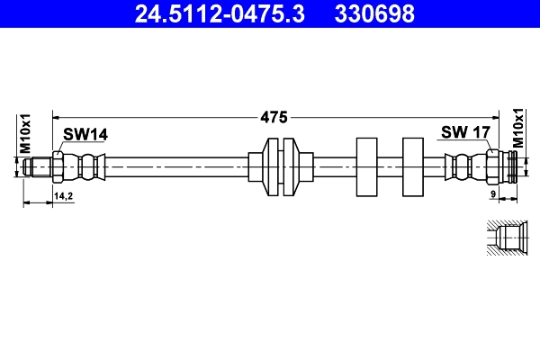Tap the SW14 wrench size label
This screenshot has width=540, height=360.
[x=85, y=134]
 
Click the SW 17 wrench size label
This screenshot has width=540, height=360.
[x=464, y=132]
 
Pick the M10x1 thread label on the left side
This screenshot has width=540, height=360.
[x=26, y=133]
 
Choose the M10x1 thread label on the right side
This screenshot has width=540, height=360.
[x=518, y=128]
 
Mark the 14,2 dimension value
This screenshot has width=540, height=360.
[x=64, y=195]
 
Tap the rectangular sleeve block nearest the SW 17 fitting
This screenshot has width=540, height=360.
[x=413, y=167]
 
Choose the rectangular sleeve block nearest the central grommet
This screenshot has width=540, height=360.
[x=366, y=167]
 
